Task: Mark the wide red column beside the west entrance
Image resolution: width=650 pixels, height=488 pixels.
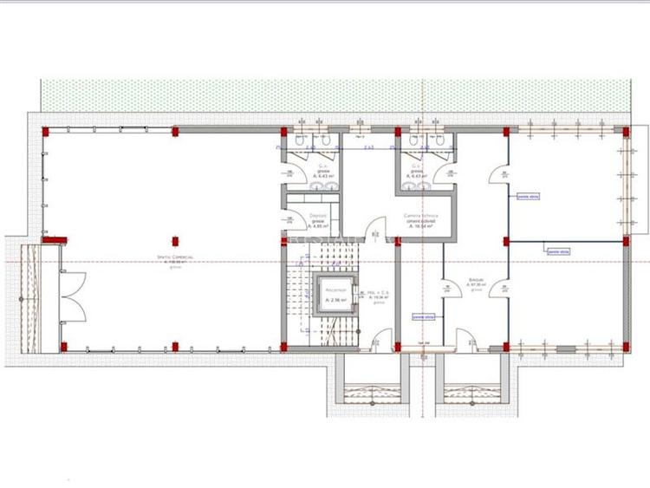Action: point(55,239)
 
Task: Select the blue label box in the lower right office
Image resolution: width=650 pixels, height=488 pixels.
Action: point(557,252)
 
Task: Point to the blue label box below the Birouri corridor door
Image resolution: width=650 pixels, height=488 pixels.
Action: point(424,316)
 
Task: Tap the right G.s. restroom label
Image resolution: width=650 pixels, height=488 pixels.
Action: point(417,171)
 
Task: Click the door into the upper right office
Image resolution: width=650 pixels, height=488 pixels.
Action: point(497,174)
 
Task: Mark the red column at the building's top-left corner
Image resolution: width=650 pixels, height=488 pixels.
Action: point(44,131)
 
